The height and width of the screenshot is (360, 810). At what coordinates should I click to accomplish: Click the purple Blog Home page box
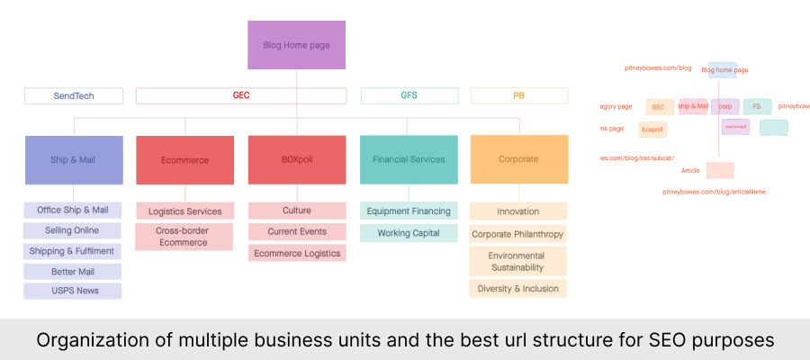(x=296, y=44)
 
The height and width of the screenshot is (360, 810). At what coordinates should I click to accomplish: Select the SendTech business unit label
(x=74, y=95)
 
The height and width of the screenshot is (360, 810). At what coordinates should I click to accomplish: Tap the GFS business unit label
(x=409, y=95)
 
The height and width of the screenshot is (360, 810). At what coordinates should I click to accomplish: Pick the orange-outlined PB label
(x=519, y=95)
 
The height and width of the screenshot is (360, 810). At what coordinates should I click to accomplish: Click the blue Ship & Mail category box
(x=74, y=159)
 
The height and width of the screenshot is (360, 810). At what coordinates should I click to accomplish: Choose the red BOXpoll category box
(x=296, y=159)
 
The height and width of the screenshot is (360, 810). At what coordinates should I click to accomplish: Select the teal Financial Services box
(x=409, y=159)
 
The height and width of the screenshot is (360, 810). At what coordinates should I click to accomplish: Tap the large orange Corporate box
(x=519, y=159)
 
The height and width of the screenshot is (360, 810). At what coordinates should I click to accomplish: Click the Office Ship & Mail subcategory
(x=73, y=210)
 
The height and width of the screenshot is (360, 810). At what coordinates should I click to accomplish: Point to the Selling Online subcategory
(x=73, y=230)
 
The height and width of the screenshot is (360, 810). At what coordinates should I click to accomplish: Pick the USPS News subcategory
(x=73, y=291)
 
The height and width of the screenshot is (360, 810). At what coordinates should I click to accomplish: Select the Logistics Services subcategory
(x=184, y=211)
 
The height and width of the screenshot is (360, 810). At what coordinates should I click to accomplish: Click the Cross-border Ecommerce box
(x=184, y=237)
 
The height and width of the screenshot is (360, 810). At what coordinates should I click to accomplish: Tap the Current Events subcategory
(x=296, y=231)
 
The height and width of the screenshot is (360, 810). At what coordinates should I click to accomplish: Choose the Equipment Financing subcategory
(x=409, y=211)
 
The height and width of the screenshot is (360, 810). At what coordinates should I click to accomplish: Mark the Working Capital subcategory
(x=409, y=233)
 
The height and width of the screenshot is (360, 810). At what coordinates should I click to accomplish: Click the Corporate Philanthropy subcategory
(x=518, y=234)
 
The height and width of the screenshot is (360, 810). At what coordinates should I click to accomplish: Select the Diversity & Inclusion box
(x=518, y=289)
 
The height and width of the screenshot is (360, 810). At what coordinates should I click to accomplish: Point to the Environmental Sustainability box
(x=518, y=261)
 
